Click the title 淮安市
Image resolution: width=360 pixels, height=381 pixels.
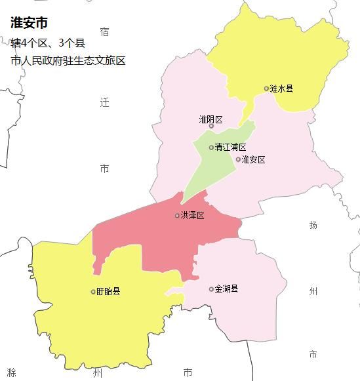pos(29,23)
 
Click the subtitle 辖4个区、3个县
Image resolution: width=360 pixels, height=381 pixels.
pos(48,43)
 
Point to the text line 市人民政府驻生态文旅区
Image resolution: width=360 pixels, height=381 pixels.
pos(68,61)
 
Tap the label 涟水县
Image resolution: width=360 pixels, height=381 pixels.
pos(282,89)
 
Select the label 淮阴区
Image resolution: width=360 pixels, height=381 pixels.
pos(211,119)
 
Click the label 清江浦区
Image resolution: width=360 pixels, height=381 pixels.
pos(231,148)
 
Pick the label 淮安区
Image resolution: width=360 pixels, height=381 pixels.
pos(254,159)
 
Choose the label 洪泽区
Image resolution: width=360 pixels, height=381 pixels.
pos(193,216)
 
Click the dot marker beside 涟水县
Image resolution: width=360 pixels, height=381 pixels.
pos(266,89)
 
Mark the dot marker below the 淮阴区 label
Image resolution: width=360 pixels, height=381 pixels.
pos(211,127)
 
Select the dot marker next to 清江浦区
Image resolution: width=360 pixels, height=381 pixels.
pos(211,148)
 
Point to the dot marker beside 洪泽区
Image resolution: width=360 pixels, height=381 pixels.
pos(177,216)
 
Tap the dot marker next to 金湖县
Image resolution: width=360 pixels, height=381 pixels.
pos(211,289)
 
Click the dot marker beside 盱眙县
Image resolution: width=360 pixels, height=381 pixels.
pos(93,292)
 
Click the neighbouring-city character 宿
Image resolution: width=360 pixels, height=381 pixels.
pos(105,31)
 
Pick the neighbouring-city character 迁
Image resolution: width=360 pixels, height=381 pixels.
pos(105,103)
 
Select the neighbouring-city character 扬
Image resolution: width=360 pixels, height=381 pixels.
pos(313,225)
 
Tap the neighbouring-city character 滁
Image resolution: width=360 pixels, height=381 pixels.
pos(11,372)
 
